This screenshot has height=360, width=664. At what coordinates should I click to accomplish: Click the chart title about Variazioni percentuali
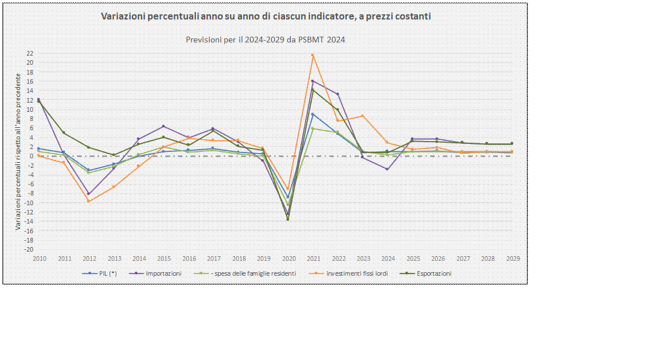pyautogui.click(x=266, y=16)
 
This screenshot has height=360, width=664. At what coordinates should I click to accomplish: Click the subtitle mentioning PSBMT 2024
pyautogui.click(x=265, y=40)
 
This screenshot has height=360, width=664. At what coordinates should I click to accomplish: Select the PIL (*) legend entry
pyautogui.click(x=99, y=273)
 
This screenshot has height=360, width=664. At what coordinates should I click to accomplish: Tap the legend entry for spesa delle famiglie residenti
pyautogui.click(x=245, y=273)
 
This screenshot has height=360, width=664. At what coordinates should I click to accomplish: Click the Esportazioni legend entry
pyautogui.click(x=425, y=273)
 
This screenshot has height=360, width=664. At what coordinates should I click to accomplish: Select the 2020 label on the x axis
pyautogui.click(x=289, y=259)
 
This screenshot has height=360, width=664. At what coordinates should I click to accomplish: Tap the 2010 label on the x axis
pyautogui.click(x=40, y=259)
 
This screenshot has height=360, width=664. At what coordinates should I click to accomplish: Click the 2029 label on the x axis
pyautogui.click(x=513, y=259)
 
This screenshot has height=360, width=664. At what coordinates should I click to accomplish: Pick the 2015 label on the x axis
pyautogui.click(x=165, y=259)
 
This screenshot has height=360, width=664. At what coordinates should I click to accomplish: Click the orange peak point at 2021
pyautogui.click(x=313, y=55)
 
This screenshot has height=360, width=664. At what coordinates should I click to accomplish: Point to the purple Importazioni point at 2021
pyautogui.click(x=313, y=81)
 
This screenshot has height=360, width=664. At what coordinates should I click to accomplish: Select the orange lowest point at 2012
pyautogui.click(x=89, y=201)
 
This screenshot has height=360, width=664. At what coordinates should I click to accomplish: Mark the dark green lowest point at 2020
pyautogui.click(x=288, y=219)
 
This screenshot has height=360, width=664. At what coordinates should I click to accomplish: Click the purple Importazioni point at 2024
pyautogui.click(x=388, y=169)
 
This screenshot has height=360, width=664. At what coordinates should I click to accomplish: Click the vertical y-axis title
pyautogui.click(x=18, y=151)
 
